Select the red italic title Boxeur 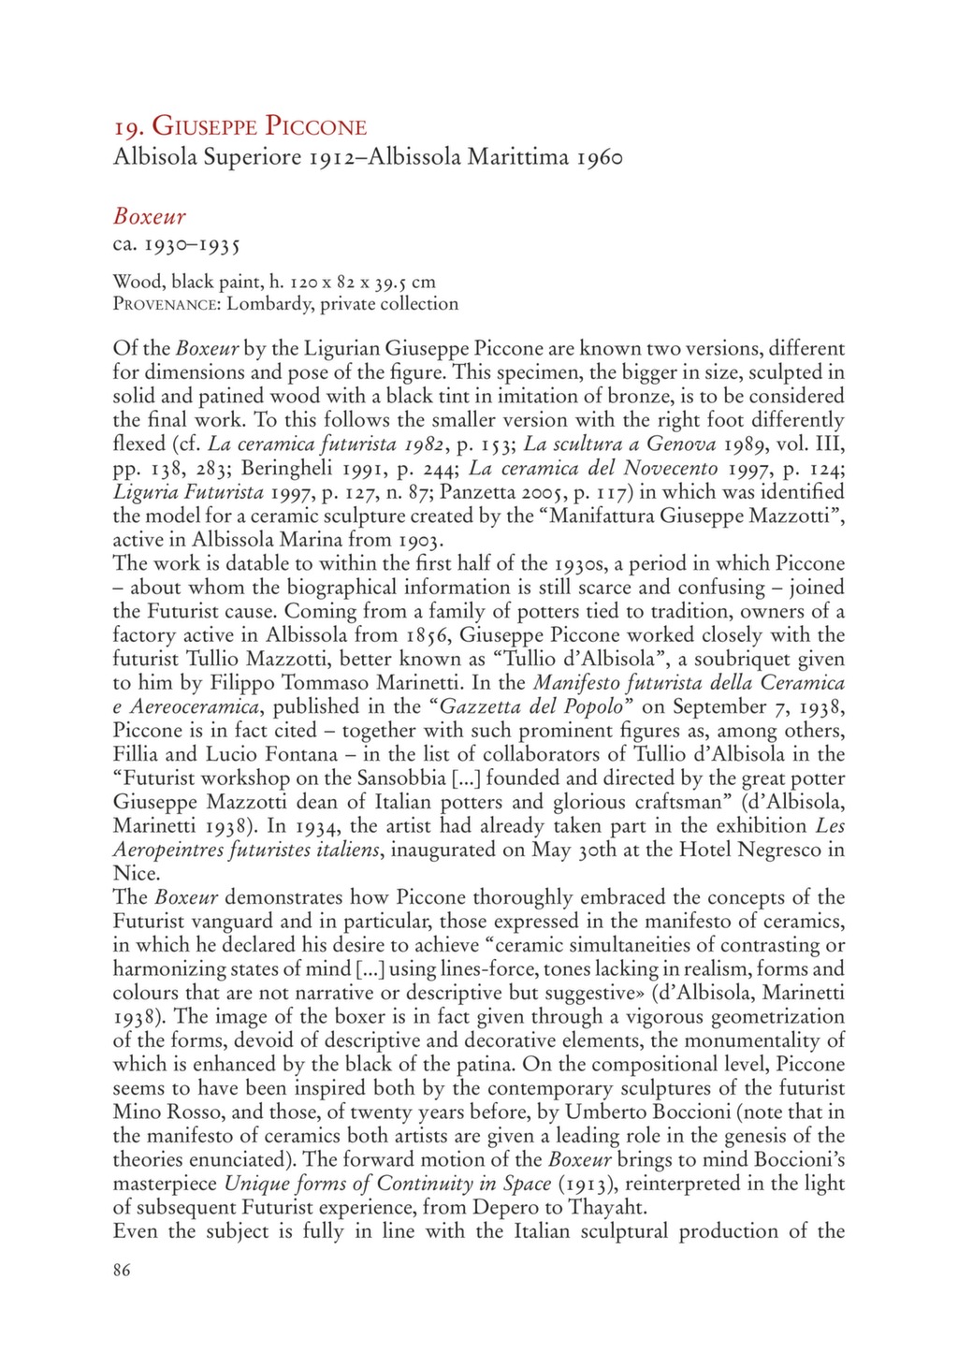150,217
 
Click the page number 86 123,1270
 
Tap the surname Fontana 302,754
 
